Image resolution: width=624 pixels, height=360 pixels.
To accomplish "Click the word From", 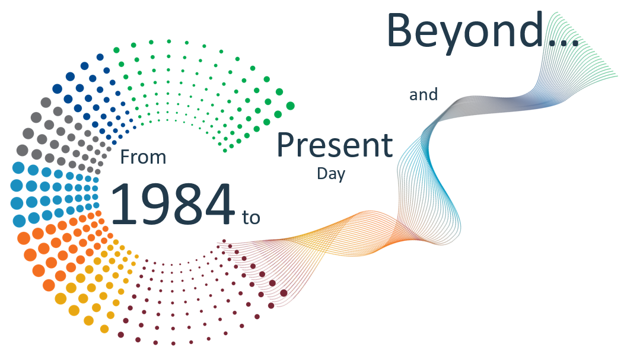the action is tap(144, 157).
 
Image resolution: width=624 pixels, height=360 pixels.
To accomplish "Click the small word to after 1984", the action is tap(251, 218).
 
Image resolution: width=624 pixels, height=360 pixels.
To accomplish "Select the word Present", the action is tap(335, 145).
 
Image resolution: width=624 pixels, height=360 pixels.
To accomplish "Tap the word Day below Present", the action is tap(331, 174).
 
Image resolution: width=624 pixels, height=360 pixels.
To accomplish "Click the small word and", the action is tap(424, 95).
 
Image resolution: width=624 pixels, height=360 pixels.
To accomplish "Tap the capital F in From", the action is tap(125, 157).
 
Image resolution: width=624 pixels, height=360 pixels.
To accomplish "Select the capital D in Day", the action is tap(323, 173).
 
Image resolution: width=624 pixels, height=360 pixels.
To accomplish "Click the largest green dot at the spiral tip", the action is tap(290, 106).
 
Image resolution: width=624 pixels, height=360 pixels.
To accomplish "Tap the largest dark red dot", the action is tap(284, 293).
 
